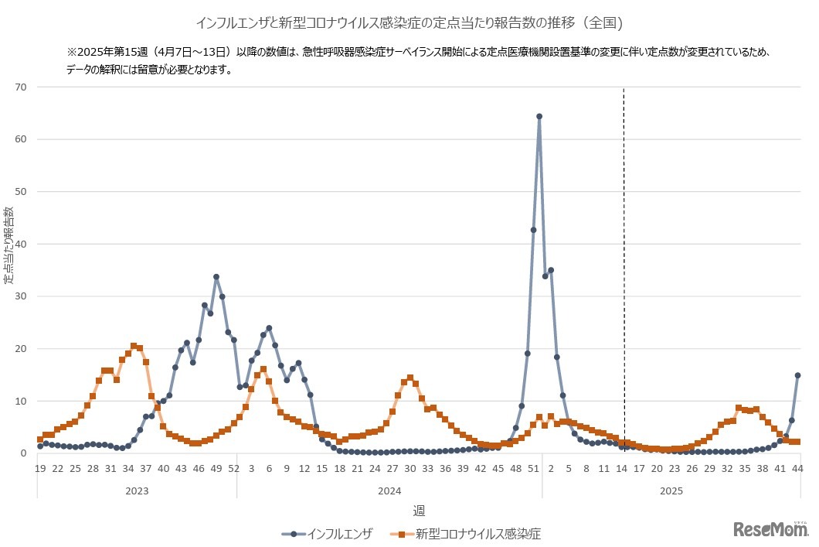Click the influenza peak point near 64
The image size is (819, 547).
[539, 117]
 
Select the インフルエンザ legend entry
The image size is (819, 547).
[328, 533]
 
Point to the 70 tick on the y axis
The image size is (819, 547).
[21, 87]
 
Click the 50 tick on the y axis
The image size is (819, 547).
[21, 192]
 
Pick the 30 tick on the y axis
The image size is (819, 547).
[21, 296]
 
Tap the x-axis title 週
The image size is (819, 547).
[418, 510]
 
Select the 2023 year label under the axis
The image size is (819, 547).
[137, 491]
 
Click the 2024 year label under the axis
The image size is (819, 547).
[389, 491]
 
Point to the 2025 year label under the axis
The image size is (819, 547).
[671, 491]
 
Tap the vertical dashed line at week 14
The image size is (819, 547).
[624, 232]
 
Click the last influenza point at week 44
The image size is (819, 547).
[797, 376]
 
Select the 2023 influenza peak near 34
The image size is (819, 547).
[216, 277]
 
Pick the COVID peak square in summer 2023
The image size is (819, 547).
[134, 346]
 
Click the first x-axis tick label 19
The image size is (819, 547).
[40, 468]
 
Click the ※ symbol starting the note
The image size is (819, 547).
[72, 53]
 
